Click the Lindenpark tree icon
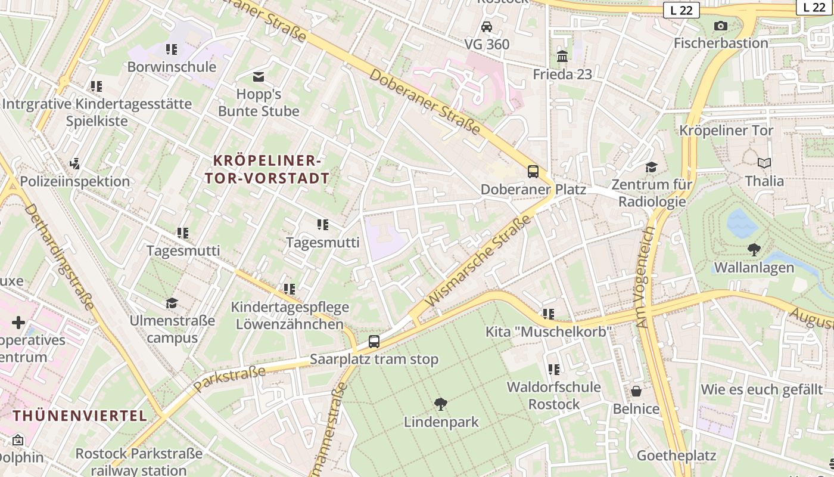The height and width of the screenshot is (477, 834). [441, 404]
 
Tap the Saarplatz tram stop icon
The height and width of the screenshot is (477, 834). [374, 342]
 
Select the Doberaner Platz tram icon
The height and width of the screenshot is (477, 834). [533, 172]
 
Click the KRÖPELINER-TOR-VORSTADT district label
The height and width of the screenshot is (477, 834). [267, 169]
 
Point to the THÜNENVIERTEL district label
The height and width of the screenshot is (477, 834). [80, 416]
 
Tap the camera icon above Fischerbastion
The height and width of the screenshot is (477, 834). [721, 26]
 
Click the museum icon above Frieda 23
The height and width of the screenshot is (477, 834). [562, 56]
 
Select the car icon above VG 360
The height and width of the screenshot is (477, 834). [487, 27]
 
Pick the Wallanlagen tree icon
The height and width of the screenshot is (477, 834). [754, 250]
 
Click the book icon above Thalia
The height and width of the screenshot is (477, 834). [764, 163]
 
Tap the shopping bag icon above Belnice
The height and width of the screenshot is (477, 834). [636, 391]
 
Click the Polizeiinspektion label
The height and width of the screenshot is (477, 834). [75, 181]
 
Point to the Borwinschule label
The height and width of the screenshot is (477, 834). [172, 67]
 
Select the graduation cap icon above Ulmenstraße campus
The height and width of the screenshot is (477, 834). [172, 303]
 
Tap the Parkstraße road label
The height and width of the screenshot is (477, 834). [229, 379]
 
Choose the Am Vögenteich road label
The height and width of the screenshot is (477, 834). [646, 277]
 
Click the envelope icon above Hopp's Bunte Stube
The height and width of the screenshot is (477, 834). [259, 76]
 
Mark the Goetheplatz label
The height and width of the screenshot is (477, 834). [676, 456]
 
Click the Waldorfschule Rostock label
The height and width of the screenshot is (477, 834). [553, 395]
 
